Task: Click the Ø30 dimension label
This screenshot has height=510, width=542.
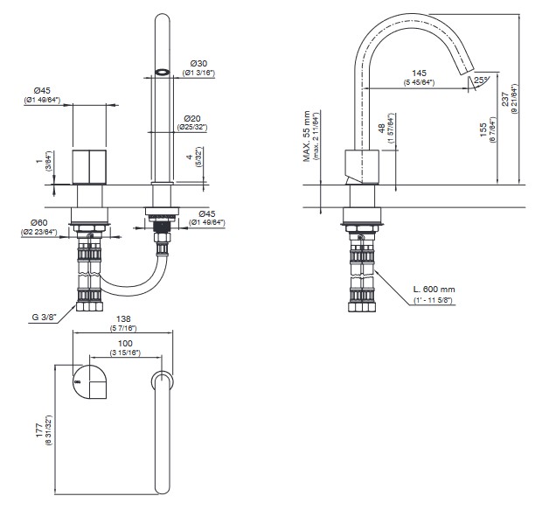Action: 198,64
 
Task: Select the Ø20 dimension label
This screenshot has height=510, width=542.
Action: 193,118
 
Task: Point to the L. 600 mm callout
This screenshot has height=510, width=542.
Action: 434,290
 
